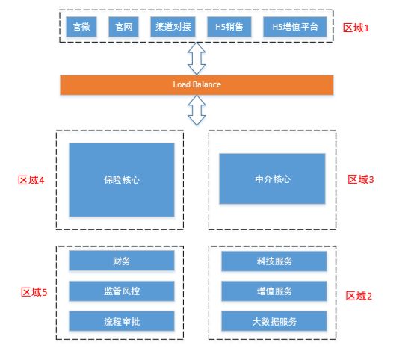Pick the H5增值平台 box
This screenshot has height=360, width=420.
(x=295, y=27)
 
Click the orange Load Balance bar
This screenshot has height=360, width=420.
(x=197, y=84)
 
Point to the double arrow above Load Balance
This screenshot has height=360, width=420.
(x=197, y=58)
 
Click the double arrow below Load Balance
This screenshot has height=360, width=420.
(x=197, y=111)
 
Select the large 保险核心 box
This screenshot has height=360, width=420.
(x=121, y=180)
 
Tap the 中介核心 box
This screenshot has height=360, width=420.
(x=272, y=179)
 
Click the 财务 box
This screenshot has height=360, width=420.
(x=121, y=261)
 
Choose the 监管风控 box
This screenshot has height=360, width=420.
(x=121, y=291)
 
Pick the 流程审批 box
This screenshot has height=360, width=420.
(x=121, y=321)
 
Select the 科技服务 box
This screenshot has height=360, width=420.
(x=274, y=261)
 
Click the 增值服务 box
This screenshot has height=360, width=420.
(x=274, y=291)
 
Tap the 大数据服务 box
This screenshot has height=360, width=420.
(x=274, y=321)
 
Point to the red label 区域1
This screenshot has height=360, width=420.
(x=356, y=27)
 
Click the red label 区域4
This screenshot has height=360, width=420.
(x=31, y=180)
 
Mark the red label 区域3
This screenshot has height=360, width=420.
(x=361, y=179)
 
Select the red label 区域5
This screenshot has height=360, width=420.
(x=34, y=292)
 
